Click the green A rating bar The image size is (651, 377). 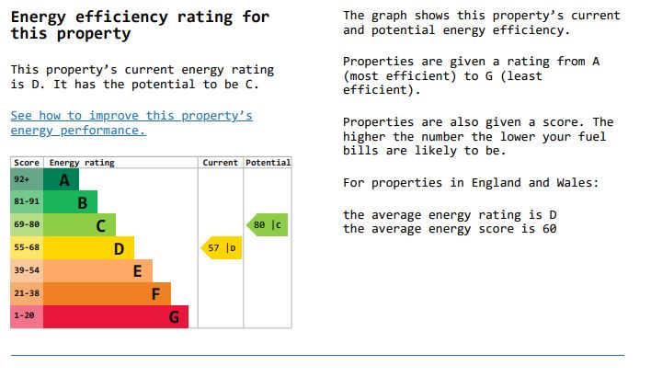(x=61, y=179)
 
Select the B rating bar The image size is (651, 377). (x=70, y=202)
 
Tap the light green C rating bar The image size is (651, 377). (x=79, y=225)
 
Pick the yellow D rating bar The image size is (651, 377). (x=88, y=248)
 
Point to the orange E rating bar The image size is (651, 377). (x=97, y=271)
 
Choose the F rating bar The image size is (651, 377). (x=107, y=294)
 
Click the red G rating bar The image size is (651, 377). (x=116, y=317)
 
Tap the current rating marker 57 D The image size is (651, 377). (x=222, y=248)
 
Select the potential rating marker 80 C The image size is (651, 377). (x=267, y=224)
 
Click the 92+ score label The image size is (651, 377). (x=22, y=179)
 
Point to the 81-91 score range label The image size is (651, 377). (x=27, y=202)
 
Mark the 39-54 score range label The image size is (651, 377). (x=27, y=271)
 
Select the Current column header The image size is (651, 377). (x=221, y=163)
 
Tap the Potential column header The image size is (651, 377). (x=268, y=163)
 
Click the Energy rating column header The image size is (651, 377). (x=82, y=163)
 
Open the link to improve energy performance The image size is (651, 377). (x=131, y=123)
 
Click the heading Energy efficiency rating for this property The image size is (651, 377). (x=140, y=26)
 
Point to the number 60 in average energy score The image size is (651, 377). (x=549, y=229)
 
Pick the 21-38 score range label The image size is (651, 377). (x=27, y=294)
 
